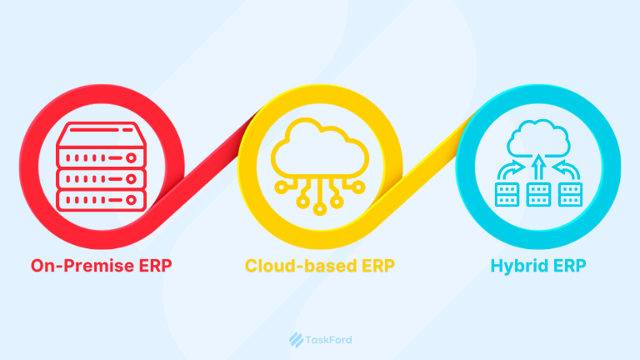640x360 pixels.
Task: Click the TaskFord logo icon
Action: point(294,339)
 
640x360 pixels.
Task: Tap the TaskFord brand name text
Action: point(327,339)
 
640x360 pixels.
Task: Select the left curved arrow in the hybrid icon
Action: point(509,170)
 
